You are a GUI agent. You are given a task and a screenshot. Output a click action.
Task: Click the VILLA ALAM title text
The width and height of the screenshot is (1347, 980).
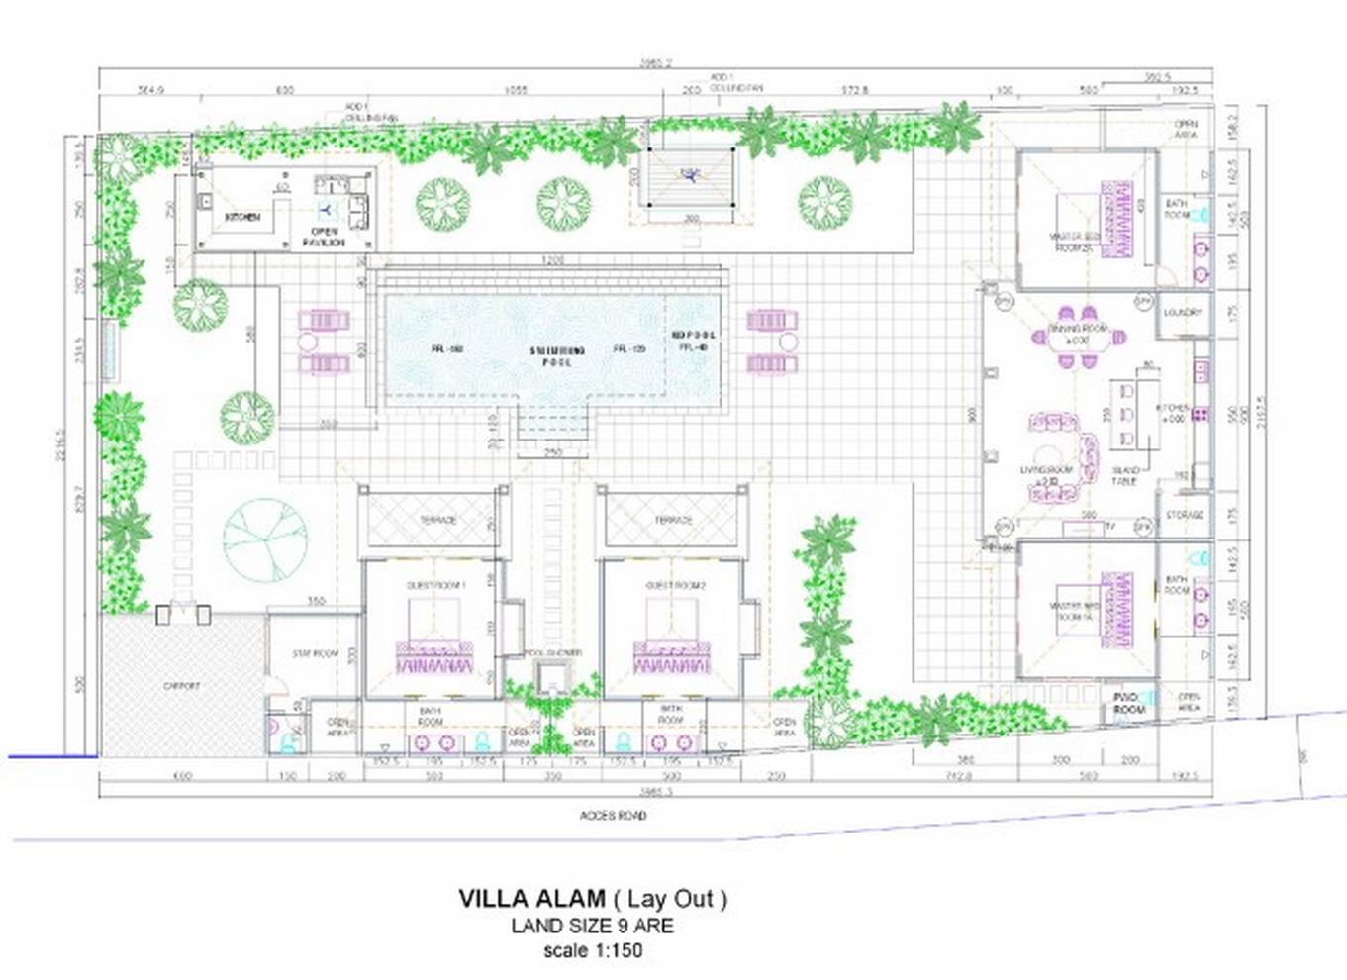530,899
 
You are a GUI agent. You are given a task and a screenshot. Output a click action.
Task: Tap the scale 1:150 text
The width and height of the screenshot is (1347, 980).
593,950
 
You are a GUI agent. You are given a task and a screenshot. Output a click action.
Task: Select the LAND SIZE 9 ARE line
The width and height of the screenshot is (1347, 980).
592,927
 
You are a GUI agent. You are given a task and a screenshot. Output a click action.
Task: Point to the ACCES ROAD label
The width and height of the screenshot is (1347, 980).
613,816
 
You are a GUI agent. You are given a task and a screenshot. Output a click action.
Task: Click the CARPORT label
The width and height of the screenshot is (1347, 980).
181,686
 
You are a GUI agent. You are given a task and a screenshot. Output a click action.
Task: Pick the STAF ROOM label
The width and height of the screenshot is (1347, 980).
315,653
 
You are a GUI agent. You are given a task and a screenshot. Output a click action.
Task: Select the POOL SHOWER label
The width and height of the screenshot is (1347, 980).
552,653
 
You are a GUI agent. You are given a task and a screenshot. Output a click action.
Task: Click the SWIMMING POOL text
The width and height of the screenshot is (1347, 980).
557,356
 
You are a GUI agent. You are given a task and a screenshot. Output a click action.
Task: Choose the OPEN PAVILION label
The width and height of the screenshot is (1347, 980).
325,237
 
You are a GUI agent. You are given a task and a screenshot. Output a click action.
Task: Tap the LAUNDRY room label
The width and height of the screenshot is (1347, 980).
1182,313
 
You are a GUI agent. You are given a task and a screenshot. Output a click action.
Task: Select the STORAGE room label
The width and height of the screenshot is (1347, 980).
1184,515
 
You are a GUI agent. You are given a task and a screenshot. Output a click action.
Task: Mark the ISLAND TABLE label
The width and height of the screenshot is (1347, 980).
1124,476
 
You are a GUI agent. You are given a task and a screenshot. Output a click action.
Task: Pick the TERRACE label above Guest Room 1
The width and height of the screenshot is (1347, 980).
437,520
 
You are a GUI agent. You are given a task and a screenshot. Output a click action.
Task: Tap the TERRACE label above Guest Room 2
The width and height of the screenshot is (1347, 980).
673,520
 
